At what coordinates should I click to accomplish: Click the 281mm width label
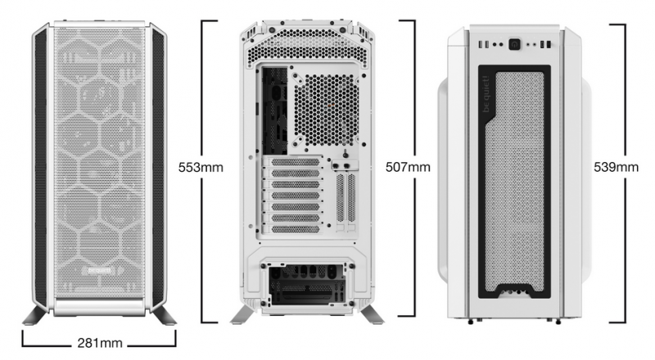(x=100, y=344)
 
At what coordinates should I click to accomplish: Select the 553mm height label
(x=201, y=168)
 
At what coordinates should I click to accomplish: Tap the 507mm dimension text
(x=408, y=168)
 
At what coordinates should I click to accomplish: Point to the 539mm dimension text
(x=617, y=168)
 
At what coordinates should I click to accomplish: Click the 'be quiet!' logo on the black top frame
(x=486, y=94)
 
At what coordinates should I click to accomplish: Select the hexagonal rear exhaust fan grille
(x=326, y=110)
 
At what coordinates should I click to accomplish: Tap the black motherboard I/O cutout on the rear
(x=274, y=110)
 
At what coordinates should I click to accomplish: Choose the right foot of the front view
(x=163, y=315)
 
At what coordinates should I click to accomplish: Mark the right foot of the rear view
(x=372, y=314)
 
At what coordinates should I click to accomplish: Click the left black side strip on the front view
(x=41, y=167)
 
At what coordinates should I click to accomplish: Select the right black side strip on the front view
(x=158, y=167)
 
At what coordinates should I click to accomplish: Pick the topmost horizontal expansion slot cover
(x=296, y=162)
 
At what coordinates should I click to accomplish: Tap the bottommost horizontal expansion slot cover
(x=296, y=229)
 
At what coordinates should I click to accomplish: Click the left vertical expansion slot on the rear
(x=341, y=197)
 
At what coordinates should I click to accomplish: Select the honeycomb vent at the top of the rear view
(x=307, y=47)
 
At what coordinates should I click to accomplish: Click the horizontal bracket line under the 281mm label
(x=99, y=346)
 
